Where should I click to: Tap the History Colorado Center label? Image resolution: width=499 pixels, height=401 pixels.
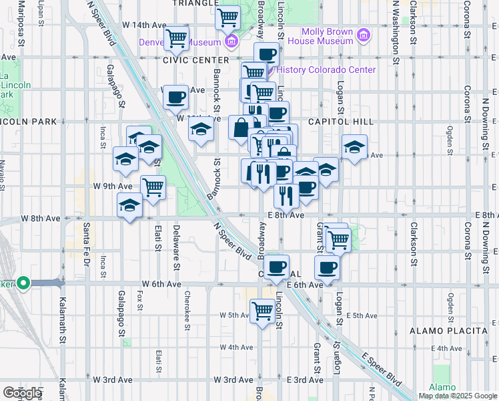coord(326,70)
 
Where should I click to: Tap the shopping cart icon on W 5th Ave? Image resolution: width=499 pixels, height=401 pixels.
coord(262,310)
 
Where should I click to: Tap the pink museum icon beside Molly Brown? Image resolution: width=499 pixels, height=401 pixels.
coord(364,35)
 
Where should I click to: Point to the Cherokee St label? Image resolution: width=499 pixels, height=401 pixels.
coord(187,311)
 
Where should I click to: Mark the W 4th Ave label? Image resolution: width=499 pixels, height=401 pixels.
coord(237,348)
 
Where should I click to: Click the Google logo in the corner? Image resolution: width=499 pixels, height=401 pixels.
coord(22,393)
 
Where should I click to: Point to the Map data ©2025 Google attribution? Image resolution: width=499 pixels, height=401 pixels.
coord(457,396)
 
